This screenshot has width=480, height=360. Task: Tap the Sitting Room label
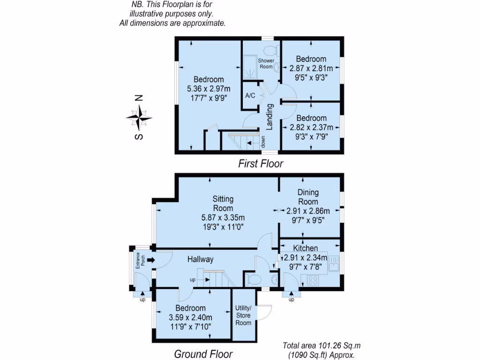223,204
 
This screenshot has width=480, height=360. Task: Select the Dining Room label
308,197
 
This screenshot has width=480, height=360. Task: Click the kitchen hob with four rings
313,280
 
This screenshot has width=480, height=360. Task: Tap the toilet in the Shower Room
270,50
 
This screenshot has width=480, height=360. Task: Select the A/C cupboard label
250,96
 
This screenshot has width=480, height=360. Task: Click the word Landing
270,116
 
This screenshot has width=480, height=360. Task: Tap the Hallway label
200,259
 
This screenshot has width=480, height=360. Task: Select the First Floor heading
261,164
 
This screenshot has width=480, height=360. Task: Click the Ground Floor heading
203,354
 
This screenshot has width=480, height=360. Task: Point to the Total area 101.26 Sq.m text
322,346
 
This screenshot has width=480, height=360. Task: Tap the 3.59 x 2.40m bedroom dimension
190,317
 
